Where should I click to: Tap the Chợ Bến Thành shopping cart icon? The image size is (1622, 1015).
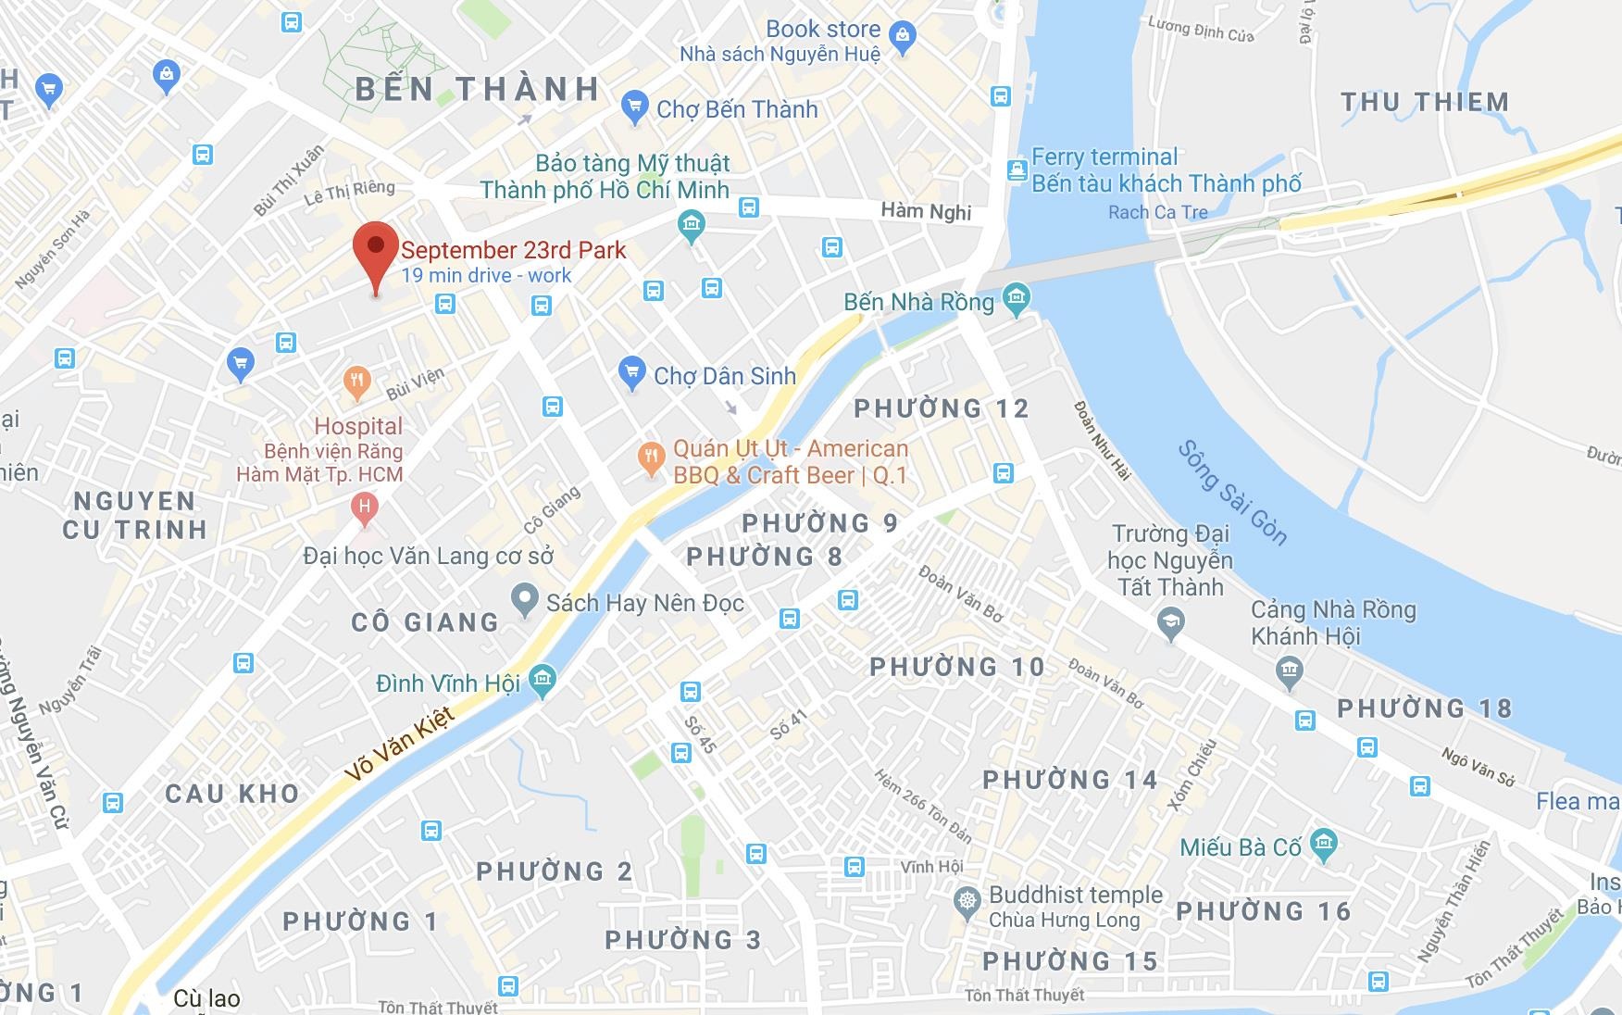(x=634, y=107)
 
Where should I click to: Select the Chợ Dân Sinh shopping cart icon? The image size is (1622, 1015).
(x=631, y=373)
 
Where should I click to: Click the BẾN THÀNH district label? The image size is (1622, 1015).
(x=478, y=89)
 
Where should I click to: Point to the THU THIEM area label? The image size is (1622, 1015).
(x=1425, y=102)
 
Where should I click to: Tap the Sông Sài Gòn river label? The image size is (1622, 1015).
(x=1231, y=492)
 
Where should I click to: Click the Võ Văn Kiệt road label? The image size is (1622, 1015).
(x=399, y=745)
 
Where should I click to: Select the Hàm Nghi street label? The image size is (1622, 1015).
(x=926, y=211)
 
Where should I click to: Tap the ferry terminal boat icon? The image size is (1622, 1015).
(x=1017, y=170)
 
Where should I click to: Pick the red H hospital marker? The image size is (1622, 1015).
(x=365, y=507)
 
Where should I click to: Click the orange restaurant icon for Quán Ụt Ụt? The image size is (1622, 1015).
(x=652, y=457)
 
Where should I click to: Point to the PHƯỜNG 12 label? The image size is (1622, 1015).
(x=941, y=408)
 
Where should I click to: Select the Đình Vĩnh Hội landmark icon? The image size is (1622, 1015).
(x=543, y=682)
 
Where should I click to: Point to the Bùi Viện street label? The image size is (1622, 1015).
(x=415, y=383)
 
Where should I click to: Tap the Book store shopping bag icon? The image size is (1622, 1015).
(x=902, y=37)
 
